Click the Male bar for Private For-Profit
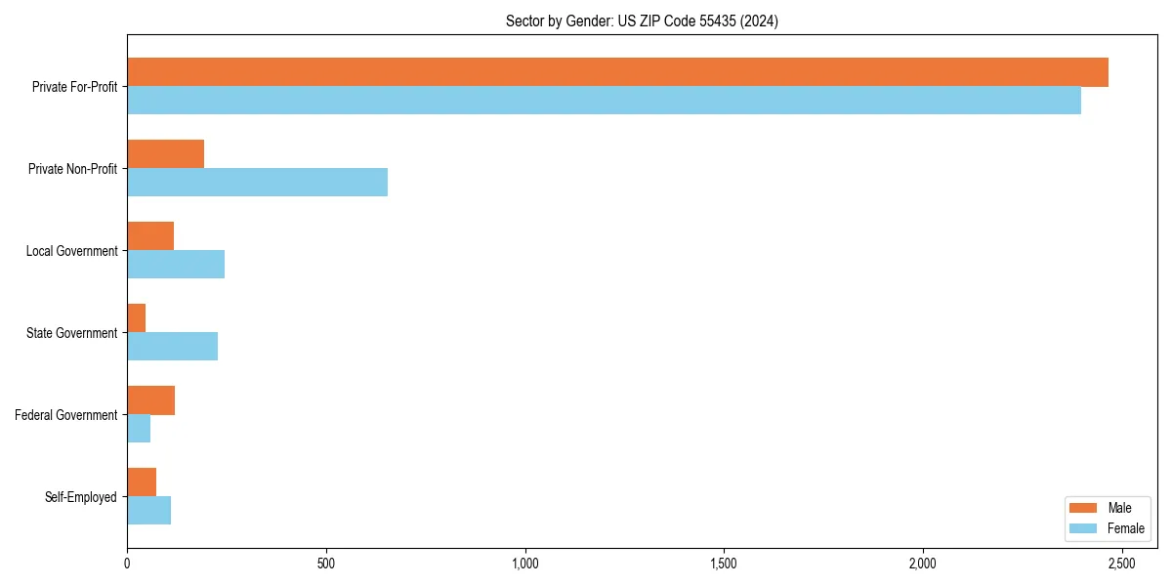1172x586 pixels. coord(617,72)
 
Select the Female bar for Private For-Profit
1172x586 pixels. coord(604,101)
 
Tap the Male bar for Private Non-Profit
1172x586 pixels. coord(165,154)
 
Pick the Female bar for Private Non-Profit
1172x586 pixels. coord(257,183)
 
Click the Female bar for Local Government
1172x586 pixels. coord(176,265)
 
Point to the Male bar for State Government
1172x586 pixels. coord(137,318)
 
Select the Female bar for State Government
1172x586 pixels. coord(172,347)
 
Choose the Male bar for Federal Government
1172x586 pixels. coord(150,400)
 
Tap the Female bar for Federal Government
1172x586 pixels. coord(139,429)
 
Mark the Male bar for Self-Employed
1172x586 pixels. coord(142,482)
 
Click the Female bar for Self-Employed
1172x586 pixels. coord(148,511)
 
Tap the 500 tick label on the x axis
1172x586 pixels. coord(326,564)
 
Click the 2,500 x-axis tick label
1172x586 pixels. coord(1121,564)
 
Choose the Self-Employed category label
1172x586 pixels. coord(81,497)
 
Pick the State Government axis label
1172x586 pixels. coord(72,333)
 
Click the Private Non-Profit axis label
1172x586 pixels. coord(72,169)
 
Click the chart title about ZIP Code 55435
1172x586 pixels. coord(642,21)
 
